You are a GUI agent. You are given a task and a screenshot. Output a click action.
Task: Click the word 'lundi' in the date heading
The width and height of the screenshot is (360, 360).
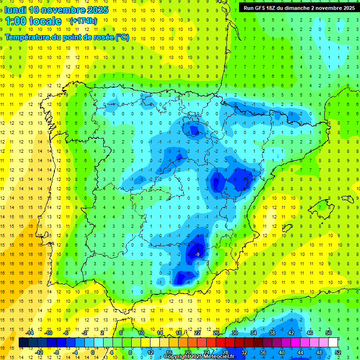coord(15,10)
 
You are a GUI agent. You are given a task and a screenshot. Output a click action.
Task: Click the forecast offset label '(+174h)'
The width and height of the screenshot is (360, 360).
coord(83,21)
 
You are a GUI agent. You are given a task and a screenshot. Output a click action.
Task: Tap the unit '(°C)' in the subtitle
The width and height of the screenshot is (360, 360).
coord(122,37)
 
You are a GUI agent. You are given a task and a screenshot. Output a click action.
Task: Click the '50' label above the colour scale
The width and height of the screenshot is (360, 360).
coord(328,333)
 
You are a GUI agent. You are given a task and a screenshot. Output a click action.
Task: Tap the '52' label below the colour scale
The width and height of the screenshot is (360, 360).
coord(338,352)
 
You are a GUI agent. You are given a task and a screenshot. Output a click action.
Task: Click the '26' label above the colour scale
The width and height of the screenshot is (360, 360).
coord(216,333)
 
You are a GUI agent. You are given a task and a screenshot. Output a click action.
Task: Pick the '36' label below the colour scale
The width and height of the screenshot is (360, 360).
coord(263,352)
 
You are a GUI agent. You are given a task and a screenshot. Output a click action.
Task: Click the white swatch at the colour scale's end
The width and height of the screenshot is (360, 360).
coord(333,343)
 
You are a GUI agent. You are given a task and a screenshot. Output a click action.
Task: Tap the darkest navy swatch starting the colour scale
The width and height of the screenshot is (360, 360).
coord(23,343)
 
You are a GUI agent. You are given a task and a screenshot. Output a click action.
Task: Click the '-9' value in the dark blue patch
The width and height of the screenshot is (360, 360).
coord(197,254)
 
